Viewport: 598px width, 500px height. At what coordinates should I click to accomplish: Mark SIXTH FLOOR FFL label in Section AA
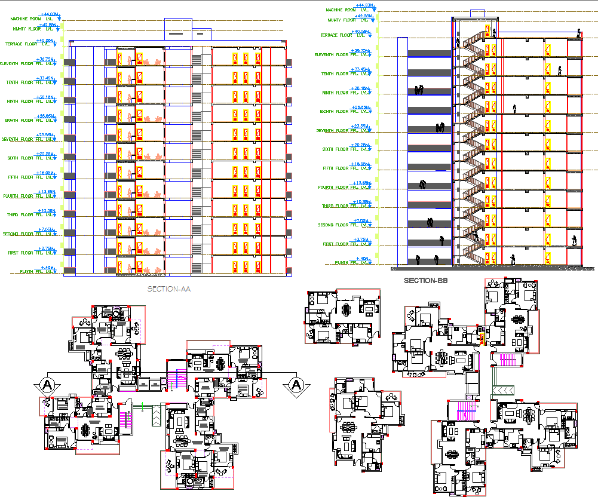coord(26,158)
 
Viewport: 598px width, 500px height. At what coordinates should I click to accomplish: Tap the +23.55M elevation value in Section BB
coord(361,126)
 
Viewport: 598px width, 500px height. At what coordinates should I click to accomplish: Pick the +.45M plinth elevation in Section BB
coord(362,258)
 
